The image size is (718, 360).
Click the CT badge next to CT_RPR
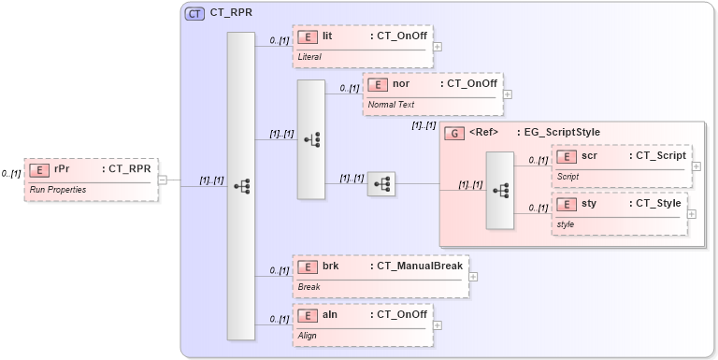pos(194,14)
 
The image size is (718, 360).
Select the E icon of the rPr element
pos(39,170)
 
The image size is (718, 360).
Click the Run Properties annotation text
pos(58,190)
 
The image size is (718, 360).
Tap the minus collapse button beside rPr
pos(162,180)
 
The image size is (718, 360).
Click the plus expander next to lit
pos(438,46)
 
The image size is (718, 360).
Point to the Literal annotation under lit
pos(309,57)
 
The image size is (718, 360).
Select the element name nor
pos(400,84)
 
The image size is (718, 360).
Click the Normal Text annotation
pos(391,105)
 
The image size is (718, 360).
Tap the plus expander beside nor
pos(508,94)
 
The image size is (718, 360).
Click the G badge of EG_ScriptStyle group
pos(454,133)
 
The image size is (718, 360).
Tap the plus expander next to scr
pos(696,166)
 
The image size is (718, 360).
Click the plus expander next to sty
pos(692,214)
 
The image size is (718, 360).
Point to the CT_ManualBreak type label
pos(417,266)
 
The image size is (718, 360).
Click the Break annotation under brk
pos(309,287)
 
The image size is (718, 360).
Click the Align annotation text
pos(308,335)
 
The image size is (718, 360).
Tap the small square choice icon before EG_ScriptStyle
pos(381,184)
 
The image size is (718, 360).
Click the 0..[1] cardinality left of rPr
pos(11,174)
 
